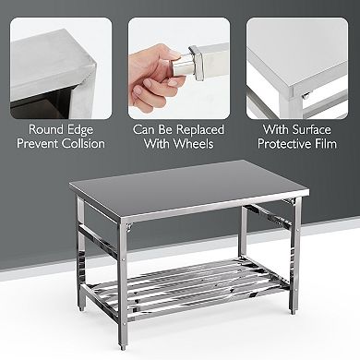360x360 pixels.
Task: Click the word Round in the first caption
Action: click(x=43, y=129)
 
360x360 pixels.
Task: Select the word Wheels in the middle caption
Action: click(x=195, y=144)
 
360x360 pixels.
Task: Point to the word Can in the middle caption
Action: click(x=146, y=129)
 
